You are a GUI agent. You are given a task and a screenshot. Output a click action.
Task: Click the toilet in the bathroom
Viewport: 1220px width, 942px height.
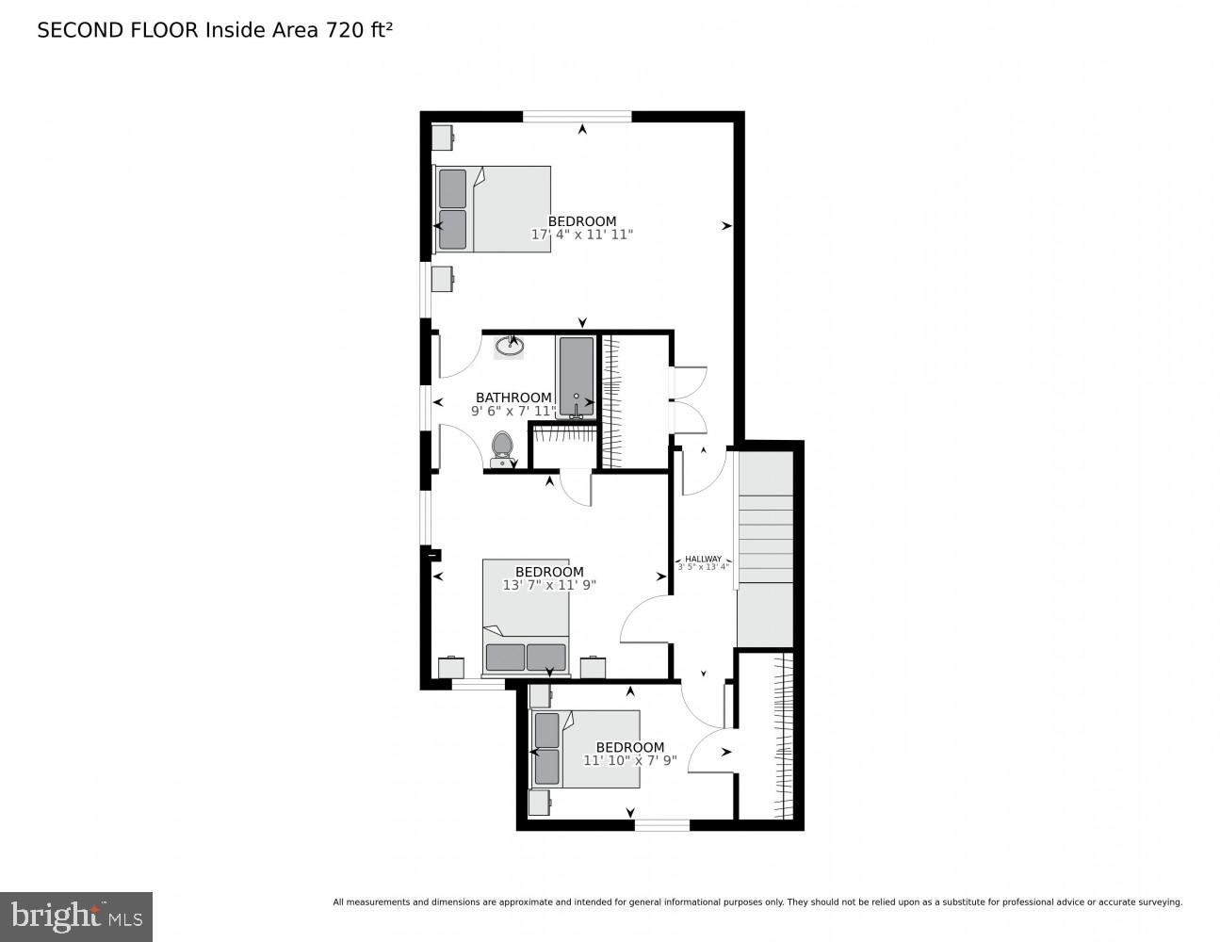point(503,448)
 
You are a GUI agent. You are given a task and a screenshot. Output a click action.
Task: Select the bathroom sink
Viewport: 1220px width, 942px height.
point(510,346)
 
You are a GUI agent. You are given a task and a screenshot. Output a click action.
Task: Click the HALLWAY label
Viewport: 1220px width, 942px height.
point(703,559)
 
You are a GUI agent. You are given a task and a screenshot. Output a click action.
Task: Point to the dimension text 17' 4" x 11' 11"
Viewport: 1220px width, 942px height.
point(582,235)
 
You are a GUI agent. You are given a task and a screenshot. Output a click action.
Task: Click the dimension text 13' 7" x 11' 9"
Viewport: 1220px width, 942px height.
point(549,585)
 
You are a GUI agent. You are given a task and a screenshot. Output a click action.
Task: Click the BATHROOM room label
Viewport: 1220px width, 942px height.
point(513,398)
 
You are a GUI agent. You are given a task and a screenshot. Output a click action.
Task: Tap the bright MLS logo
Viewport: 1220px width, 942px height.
point(76,916)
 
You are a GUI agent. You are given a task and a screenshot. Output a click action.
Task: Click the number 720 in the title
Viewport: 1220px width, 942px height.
point(345,30)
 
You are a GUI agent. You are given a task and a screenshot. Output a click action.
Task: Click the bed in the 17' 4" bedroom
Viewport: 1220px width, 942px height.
point(493,209)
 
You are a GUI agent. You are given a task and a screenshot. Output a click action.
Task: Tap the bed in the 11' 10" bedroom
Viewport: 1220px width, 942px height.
point(586,749)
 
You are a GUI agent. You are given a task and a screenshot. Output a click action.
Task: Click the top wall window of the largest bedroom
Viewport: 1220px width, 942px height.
point(577,117)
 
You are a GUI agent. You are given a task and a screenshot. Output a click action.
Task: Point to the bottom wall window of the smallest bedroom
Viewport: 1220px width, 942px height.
point(661,825)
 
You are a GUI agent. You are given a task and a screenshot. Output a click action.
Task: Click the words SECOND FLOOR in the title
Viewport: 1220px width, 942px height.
point(118,30)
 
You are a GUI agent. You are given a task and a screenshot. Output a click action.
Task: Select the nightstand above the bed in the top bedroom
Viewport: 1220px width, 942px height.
point(443,138)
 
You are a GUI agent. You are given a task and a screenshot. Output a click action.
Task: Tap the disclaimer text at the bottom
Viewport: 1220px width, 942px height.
point(756,901)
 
